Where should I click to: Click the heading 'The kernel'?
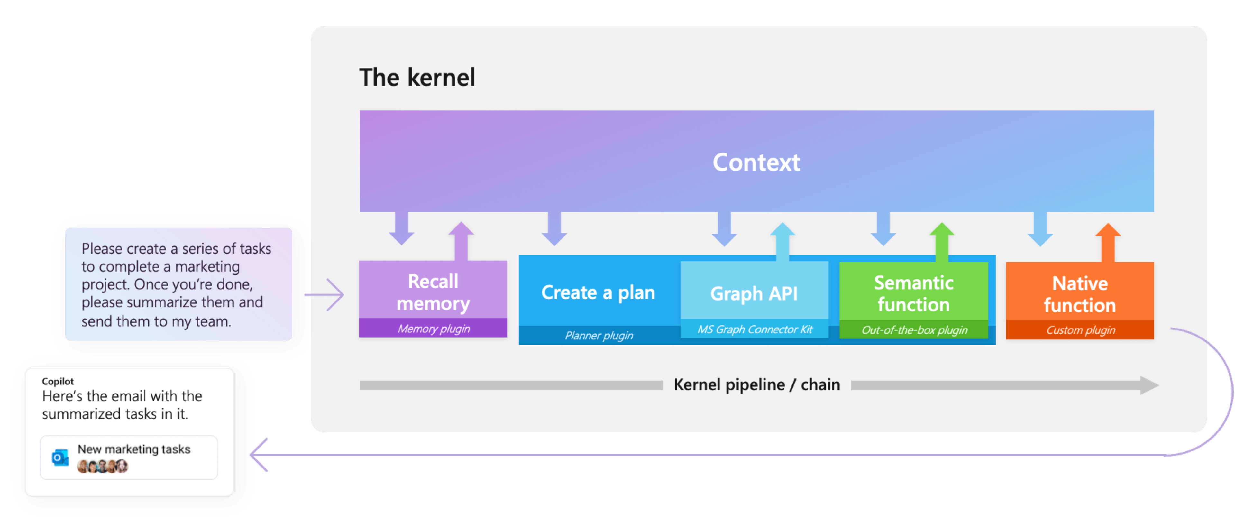(x=417, y=77)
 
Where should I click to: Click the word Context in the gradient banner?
(x=756, y=162)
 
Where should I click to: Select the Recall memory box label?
(x=433, y=292)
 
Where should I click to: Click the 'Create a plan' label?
(x=598, y=292)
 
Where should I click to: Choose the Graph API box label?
(x=754, y=293)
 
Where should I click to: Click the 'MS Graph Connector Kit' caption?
(x=755, y=329)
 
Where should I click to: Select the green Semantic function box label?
(x=913, y=293)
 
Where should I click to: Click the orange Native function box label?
(x=1080, y=294)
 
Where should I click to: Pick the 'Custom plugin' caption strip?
(x=1080, y=330)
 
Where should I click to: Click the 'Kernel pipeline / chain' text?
(x=756, y=384)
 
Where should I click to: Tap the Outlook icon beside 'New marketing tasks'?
(x=60, y=458)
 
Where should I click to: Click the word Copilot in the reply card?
(x=58, y=381)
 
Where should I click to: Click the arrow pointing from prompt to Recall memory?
(x=325, y=294)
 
